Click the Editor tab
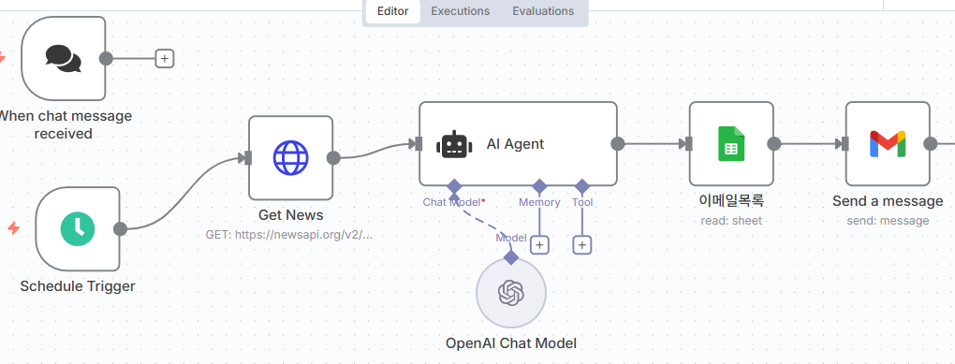[x=393, y=11]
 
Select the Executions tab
[x=461, y=11]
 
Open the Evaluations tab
[x=543, y=11]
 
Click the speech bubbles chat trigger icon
[x=64, y=58]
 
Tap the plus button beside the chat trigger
[x=165, y=58]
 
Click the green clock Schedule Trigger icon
[x=78, y=229]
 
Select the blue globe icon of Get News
[x=290, y=157]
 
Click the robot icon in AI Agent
[x=454, y=144]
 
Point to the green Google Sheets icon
[x=731, y=144]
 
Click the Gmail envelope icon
[x=888, y=144]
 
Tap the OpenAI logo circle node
[x=511, y=294]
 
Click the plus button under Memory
[x=539, y=245]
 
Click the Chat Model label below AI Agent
[x=453, y=202]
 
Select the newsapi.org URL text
[x=288, y=234]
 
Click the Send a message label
[x=888, y=201]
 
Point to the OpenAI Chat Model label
[x=511, y=343]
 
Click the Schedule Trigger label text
[x=78, y=286]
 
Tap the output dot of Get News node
[x=333, y=157]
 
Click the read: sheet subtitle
[x=731, y=221]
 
